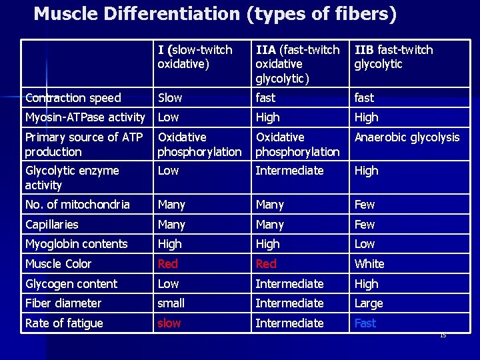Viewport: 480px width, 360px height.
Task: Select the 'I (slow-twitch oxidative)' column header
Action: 195,57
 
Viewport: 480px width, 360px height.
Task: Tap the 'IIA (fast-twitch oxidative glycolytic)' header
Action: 297,64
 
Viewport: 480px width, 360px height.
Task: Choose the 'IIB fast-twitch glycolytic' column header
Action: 393,57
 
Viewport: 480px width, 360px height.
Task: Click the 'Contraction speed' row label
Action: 73,98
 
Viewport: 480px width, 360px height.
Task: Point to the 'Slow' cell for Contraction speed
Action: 170,98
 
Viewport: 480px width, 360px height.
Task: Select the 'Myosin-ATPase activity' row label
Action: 85,117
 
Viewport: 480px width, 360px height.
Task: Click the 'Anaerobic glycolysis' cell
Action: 407,137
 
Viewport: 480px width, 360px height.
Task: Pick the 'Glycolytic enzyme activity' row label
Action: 72,178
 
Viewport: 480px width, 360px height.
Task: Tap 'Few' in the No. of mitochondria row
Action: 365,205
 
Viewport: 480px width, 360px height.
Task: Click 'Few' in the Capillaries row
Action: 365,225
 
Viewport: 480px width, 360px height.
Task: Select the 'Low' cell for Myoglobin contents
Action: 365,244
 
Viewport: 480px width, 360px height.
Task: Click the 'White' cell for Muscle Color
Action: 369,264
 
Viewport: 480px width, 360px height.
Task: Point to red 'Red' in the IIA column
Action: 266,264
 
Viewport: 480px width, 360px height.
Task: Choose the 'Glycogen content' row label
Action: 71,284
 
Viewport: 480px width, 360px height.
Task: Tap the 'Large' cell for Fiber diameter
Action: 369,303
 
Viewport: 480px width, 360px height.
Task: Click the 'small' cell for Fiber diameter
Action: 171,303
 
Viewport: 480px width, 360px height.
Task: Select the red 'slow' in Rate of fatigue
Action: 169,323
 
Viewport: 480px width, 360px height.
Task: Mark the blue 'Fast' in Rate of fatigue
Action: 365,323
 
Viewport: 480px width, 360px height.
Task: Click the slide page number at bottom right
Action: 443,335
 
